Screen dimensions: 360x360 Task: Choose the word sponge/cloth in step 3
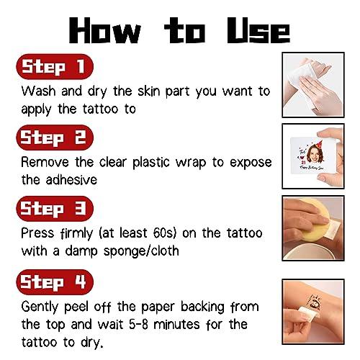[x=143, y=250]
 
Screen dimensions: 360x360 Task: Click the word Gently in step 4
[x=44, y=305]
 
